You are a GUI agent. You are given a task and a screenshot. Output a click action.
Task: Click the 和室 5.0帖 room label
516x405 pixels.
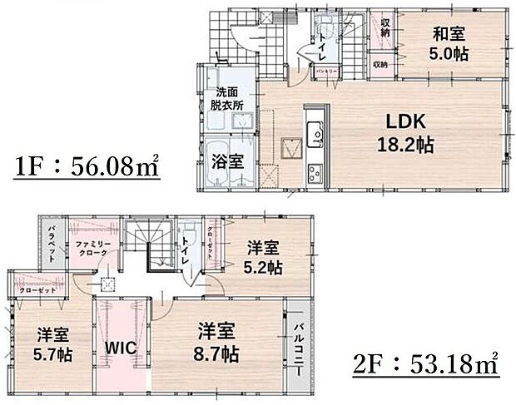449,43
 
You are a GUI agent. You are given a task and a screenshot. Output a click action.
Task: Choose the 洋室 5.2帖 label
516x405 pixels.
262,257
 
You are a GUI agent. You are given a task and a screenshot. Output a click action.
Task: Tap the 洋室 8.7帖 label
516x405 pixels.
219,342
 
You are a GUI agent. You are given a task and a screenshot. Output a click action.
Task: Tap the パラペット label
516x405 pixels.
51,243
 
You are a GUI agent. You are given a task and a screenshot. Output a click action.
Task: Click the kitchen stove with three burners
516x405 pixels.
316,173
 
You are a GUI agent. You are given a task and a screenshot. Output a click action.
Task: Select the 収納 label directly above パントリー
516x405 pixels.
385,27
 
